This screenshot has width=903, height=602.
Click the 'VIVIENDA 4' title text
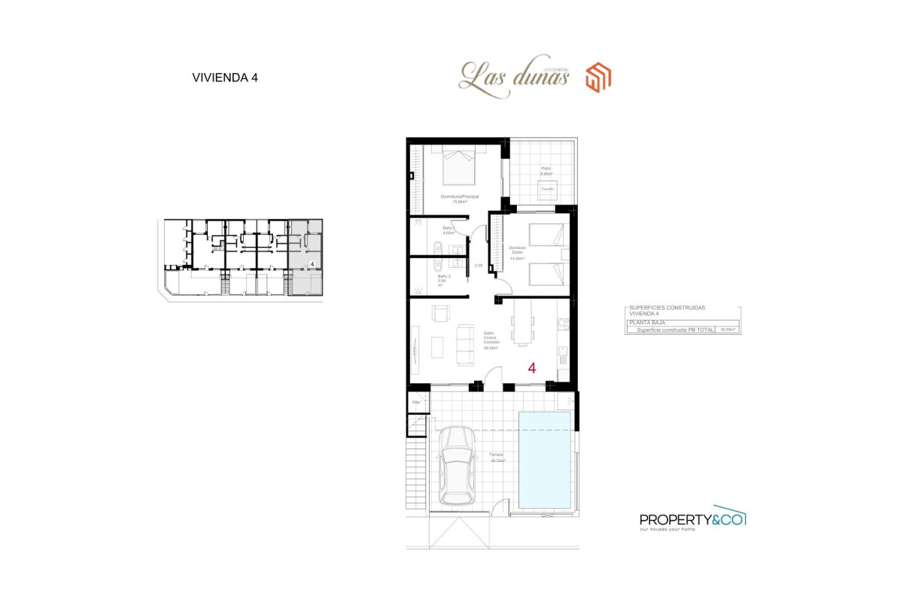[x=225, y=78]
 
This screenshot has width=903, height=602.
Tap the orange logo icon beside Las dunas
[x=598, y=78]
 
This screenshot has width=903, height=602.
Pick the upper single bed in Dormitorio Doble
[x=546, y=236]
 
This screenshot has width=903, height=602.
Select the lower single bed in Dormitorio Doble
[x=546, y=274]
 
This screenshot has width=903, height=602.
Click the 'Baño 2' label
[x=444, y=277]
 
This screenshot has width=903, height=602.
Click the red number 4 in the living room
[x=532, y=368]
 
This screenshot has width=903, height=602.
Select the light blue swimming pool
[x=545, y=461]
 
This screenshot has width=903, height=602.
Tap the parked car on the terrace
[x=458, y=466]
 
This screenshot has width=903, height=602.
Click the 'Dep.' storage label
[x=415, y=403]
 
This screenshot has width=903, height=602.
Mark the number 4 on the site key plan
[x=312, y=264]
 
